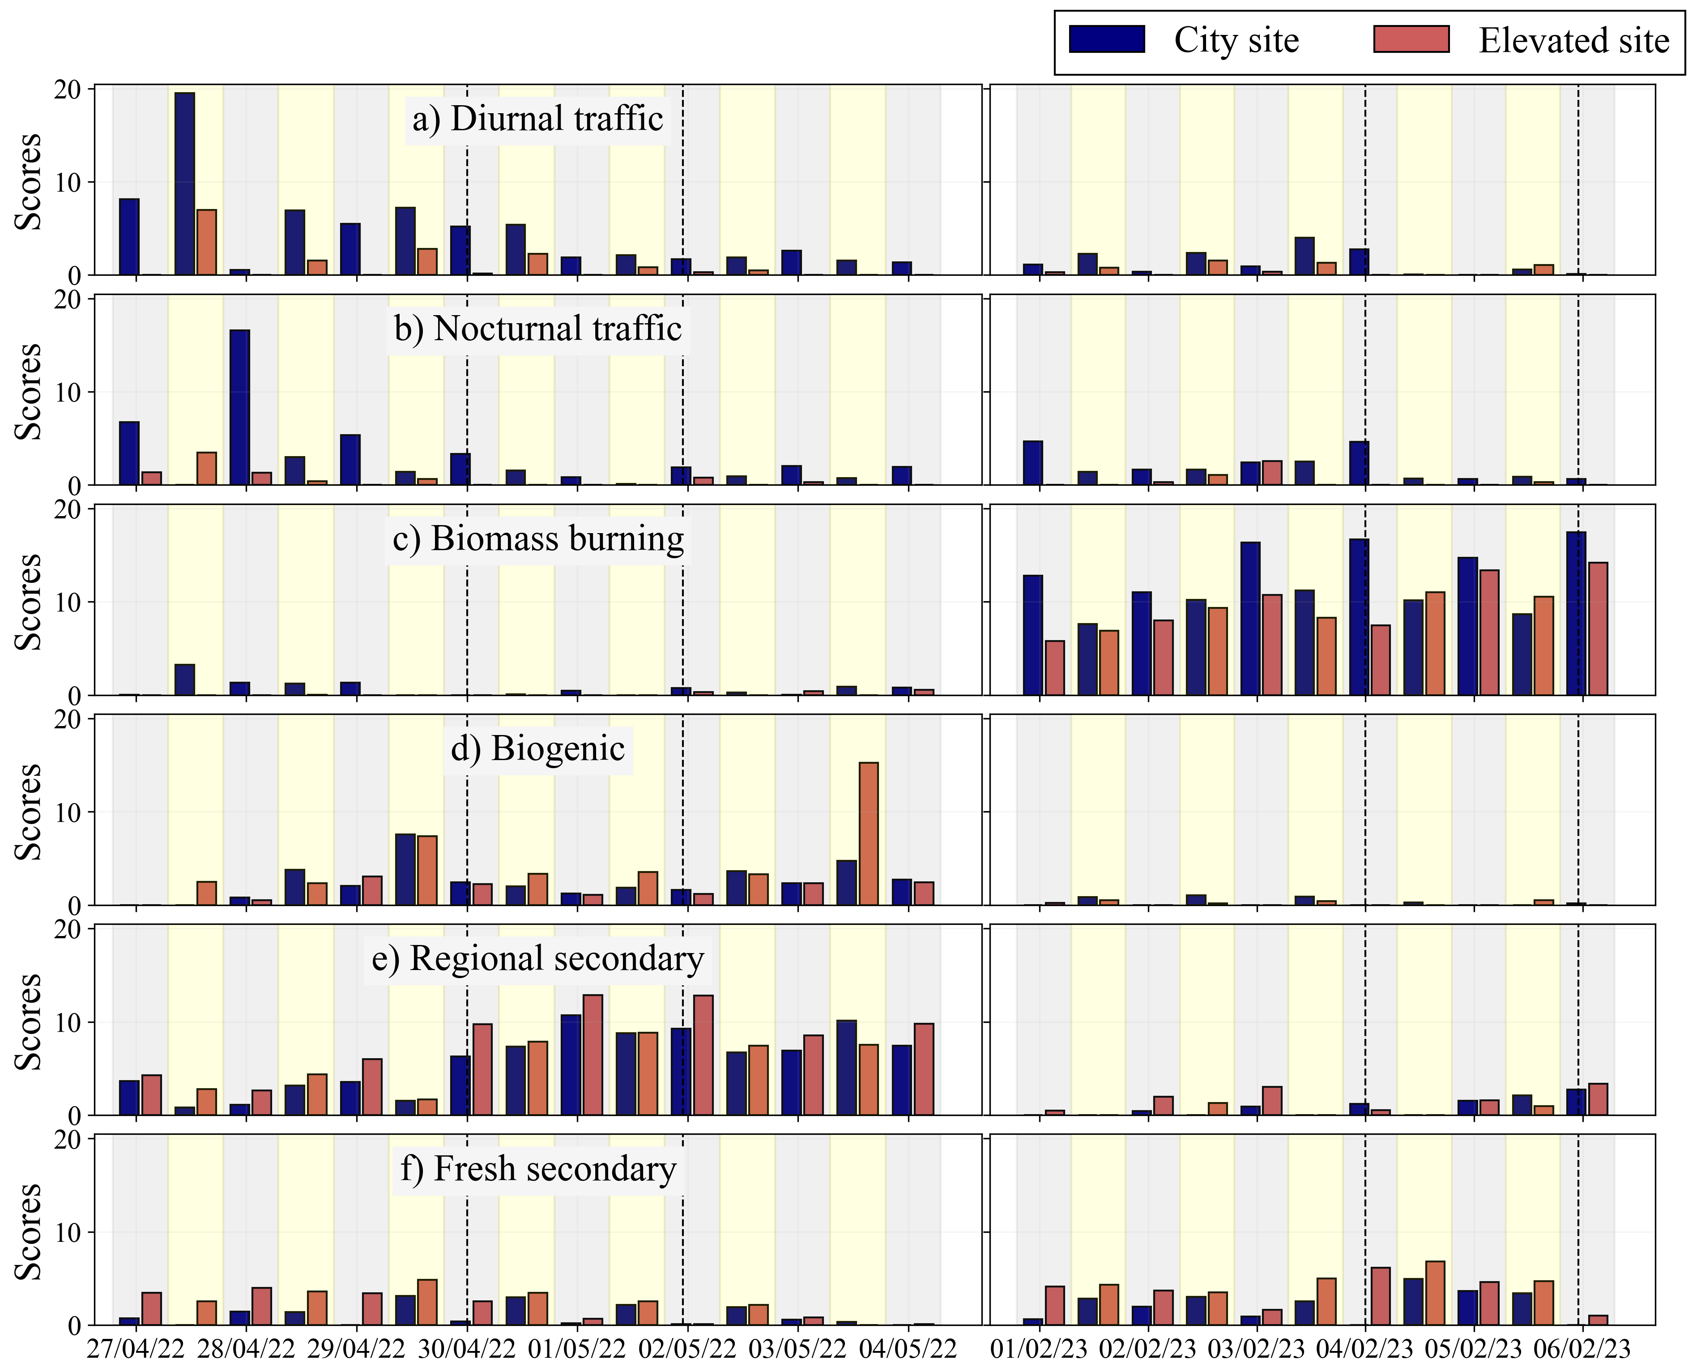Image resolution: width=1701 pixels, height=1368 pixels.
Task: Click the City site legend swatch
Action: (x=1106, y=39)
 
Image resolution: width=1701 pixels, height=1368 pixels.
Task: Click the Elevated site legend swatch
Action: (x=1411, y=39)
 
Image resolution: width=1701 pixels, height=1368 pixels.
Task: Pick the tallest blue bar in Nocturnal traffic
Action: (x=240, y=406)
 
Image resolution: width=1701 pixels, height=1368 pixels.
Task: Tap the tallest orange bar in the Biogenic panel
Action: (x=868, y=833)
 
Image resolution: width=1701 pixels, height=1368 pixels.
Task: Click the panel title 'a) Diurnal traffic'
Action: (x=537, y=119)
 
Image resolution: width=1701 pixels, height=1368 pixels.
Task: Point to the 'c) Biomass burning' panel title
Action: (x=538, y=539)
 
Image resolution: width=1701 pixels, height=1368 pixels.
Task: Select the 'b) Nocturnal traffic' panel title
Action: (x=537, y=329)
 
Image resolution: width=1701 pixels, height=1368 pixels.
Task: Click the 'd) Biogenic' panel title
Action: (x=537, y=749)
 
